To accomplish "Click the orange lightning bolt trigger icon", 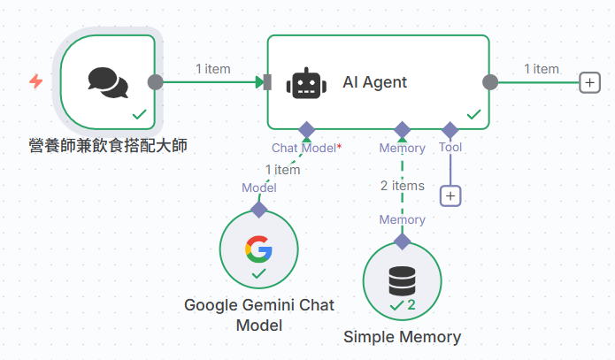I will coord(36,81).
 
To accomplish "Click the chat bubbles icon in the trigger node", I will coord(108,82).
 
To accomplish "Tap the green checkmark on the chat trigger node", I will coord(139,114).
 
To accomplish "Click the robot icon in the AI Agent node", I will coord(304,83).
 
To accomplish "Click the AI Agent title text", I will coord(374,82).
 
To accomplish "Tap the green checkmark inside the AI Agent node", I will coord(473,114).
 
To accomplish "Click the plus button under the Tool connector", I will coord(450,195).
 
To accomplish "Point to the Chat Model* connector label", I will coord(306,148).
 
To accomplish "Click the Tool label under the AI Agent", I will coord(450,148).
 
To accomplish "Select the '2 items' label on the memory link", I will coord(403,186).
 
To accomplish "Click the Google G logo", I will coord(258,249).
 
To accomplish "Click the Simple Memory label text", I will coord(402,337).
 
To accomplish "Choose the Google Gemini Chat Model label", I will coord(259,315).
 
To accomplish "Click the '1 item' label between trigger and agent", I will coord(213,68).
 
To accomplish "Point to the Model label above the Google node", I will coord(259,188).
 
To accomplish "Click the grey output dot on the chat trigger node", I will coord(155,82).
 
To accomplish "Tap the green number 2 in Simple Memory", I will coord(411,305).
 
